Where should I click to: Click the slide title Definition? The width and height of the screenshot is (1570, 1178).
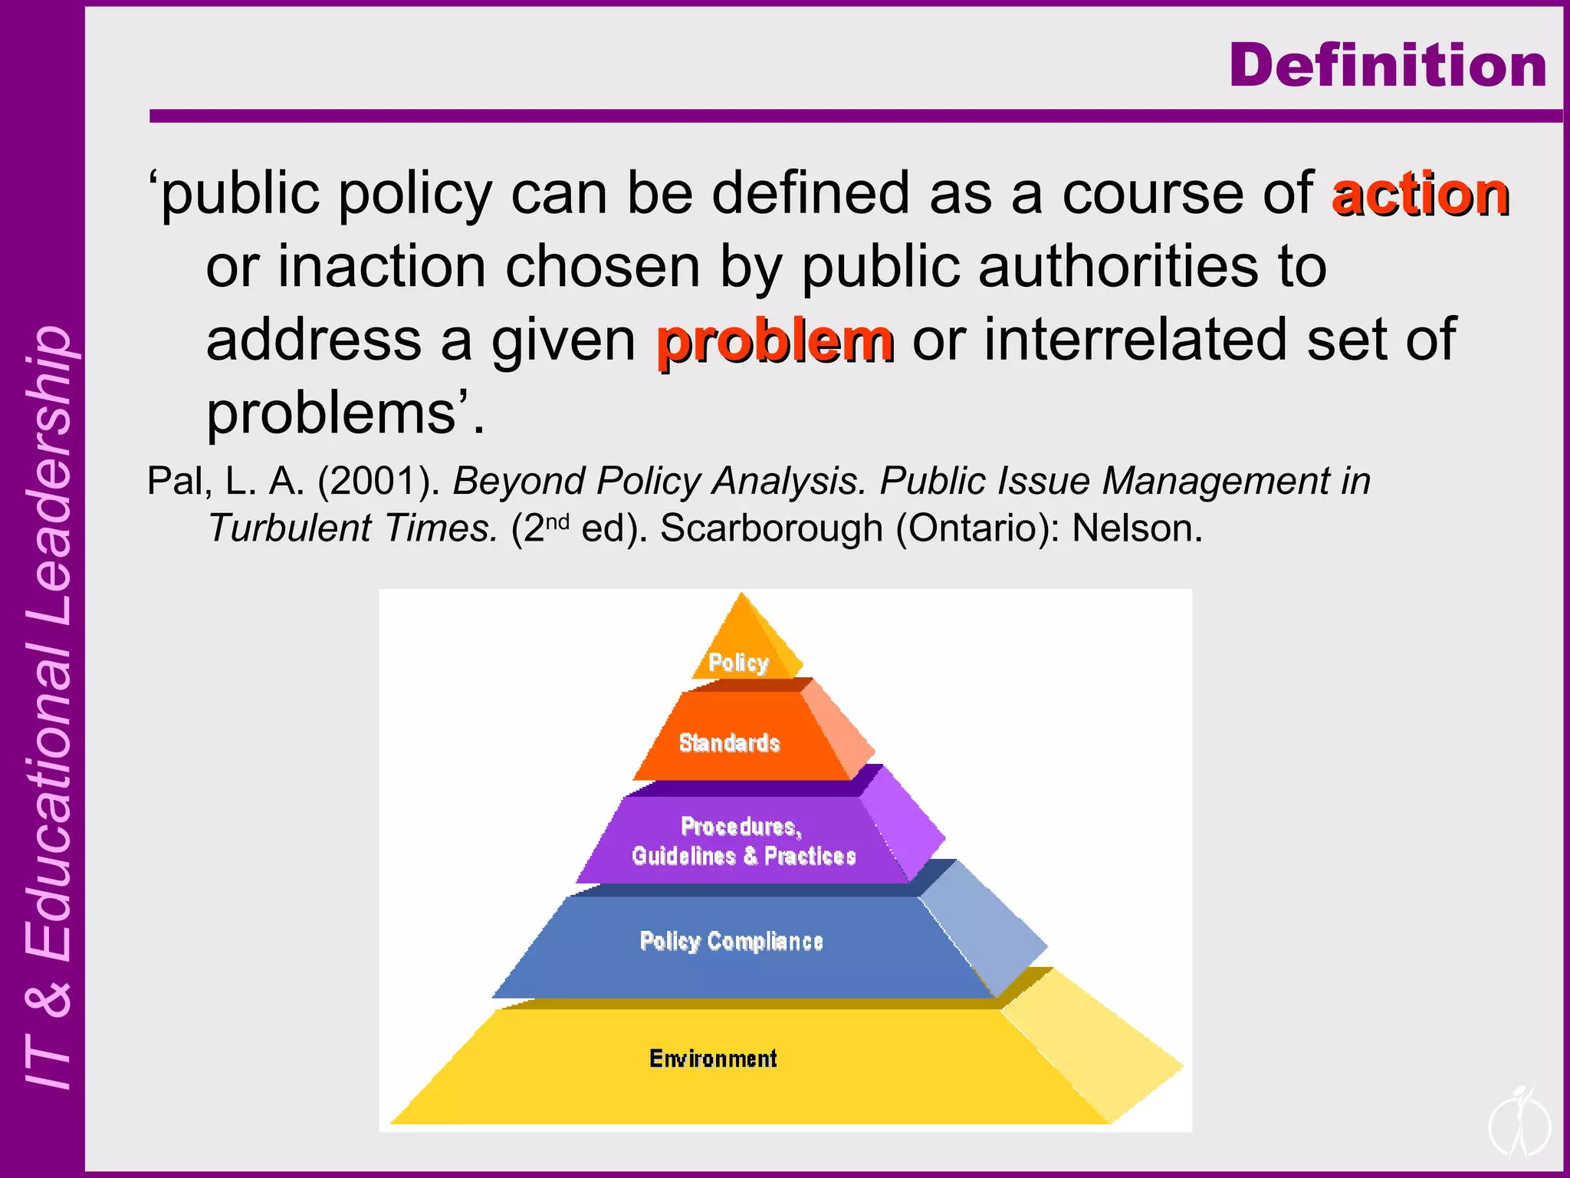click(1388, 66)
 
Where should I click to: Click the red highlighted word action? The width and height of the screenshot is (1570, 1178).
click(1421, 195)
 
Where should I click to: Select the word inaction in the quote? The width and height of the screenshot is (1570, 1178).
click(380, 267)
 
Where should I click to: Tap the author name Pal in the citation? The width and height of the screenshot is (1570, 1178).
click(176, 482)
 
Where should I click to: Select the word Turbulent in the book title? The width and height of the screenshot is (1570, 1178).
click(289, 528)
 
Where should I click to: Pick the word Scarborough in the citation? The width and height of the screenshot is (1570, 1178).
click(771, 528)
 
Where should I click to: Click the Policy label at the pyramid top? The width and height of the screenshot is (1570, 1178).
click(737, 662)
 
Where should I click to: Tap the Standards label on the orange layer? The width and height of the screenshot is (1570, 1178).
click(729, 742)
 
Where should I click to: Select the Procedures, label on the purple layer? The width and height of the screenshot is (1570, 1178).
click(741, 827)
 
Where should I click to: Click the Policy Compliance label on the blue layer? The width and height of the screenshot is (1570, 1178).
click(731, 941)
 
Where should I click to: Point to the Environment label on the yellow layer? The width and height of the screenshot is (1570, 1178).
click(713, 1058)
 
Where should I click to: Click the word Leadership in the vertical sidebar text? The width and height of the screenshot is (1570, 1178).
click(48, 475)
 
